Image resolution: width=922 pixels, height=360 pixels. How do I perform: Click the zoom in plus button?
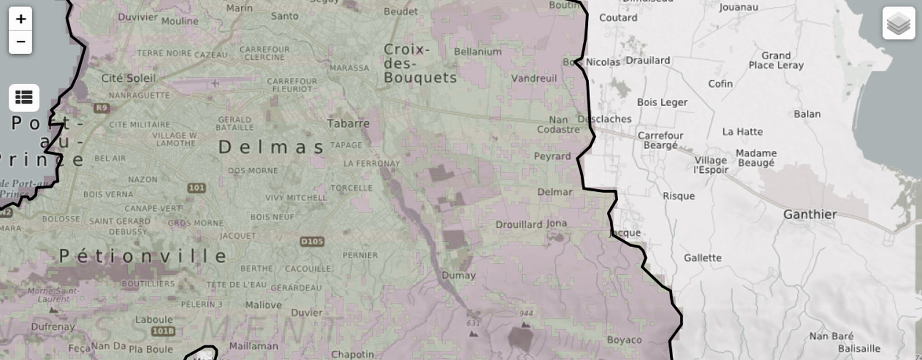tap(21, 19)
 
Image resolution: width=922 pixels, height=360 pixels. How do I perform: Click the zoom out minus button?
tap(21, 41)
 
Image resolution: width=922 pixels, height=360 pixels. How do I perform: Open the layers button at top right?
tap(898, 24)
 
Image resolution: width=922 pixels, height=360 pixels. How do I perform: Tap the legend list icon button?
tap(24, 97)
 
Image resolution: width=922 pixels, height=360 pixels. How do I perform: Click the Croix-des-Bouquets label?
tap(420, 63)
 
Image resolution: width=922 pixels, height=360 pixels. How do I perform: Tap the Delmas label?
tap(271, 147)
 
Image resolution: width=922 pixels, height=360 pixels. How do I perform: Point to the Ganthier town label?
tap(810, 214)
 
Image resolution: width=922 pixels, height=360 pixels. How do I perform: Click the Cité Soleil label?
tap(129, 78)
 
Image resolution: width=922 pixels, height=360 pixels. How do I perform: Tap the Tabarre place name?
tap(348, 123)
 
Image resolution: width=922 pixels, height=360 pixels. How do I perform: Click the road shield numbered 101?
tap(197, 188)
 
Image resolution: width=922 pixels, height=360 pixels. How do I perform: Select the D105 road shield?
tap(312, 241)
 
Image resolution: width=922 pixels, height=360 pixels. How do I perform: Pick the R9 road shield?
tap(101, 108)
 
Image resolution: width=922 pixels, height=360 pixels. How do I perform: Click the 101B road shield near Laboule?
tap(163, 331)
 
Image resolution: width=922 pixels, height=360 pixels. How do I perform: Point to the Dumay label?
tap(458, 275)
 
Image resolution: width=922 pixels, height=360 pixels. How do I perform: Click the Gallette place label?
tap(702, 257)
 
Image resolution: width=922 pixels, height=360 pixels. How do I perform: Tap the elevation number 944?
tap(526, 313)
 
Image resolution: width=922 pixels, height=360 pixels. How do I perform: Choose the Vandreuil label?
tap(534, 78)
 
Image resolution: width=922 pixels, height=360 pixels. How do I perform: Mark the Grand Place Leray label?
tap(776, 60)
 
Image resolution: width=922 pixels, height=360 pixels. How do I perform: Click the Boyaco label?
tap(624, 340)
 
